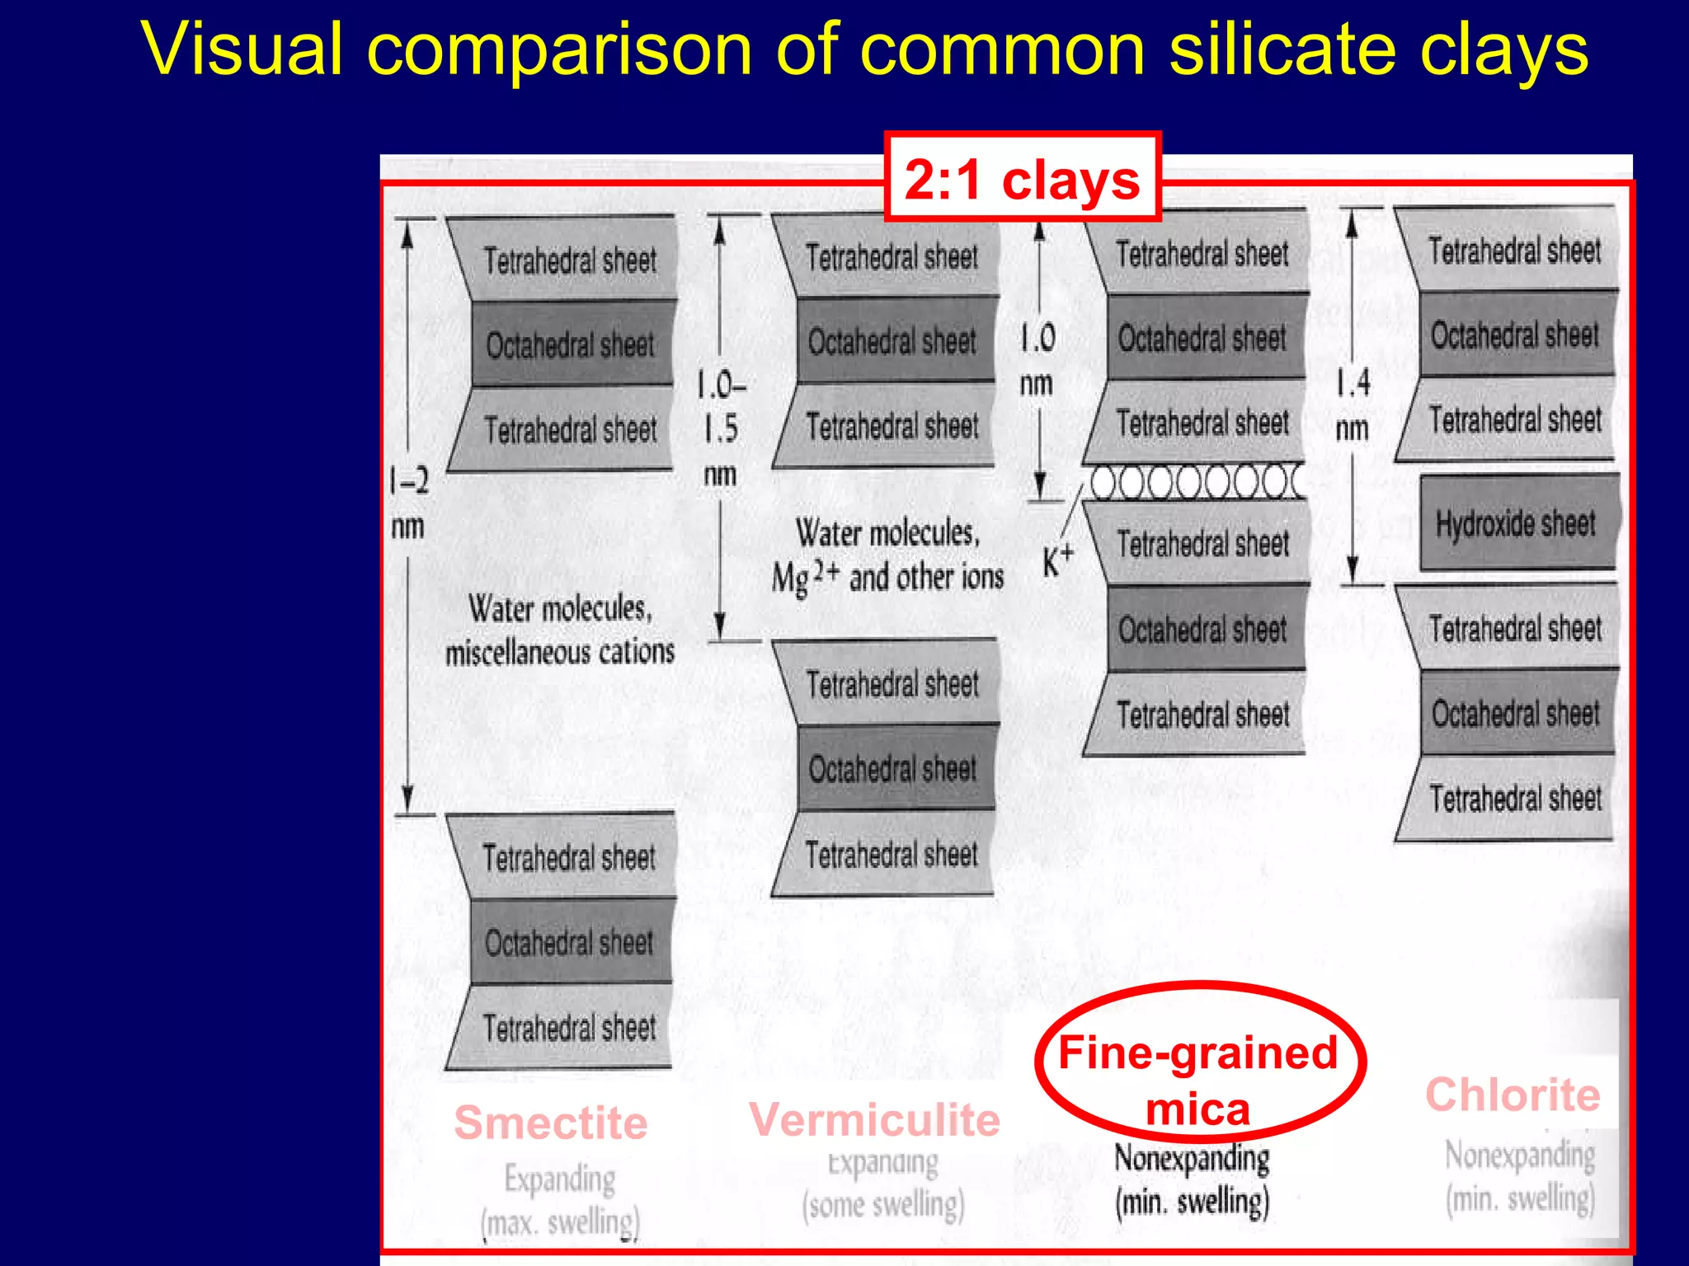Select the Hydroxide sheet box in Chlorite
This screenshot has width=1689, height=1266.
pos(1517,523)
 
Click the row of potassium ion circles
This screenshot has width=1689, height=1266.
pos(1196,483)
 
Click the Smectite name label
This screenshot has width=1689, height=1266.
pos(551,1123)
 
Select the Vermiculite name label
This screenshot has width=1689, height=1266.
pos(874,1120)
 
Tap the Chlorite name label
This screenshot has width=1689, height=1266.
pos(1513,1095)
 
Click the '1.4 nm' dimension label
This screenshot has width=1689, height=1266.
pos(1353,405)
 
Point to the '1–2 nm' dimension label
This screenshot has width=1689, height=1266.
pos(409,502)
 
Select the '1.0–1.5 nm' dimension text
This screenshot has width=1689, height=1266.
pos(721,429)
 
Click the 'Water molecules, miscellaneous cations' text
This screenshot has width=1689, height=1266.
pos(560,630)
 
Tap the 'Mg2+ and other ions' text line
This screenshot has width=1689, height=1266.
pos(887,577)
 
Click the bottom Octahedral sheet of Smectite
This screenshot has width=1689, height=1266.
pos(570,942)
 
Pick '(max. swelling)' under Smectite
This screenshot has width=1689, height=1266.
pos(560,1221)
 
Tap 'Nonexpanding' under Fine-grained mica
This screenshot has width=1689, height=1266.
pos(1192,1158)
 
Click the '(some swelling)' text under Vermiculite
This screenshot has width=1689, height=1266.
pos(883,1205)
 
